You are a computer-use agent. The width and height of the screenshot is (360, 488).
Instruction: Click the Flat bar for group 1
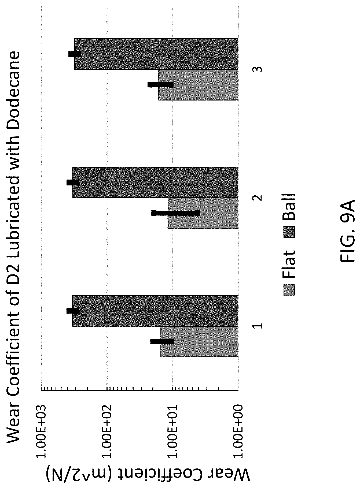click(x=199, y=342)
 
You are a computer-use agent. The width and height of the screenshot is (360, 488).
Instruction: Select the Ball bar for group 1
click(x=155, y=311)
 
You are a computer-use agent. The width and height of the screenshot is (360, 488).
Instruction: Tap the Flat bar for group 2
click(x=203, y=213)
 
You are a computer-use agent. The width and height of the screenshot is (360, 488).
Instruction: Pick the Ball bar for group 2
click(x=155, y=182)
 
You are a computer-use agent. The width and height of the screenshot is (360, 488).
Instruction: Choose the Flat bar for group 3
click(x=199, y=85)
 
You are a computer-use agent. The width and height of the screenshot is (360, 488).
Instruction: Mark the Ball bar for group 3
click(x=156, y=54)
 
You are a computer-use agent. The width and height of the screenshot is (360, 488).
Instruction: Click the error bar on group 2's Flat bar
click(x=176, y=213)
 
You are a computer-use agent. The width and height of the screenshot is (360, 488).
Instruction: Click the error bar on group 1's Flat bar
click(x=163, y=341)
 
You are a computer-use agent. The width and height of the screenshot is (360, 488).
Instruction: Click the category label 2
click(x=257, y=198)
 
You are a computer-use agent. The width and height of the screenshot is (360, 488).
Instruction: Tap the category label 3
click(x=257, y=69)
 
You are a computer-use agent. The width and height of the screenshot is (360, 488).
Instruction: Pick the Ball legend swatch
click(x=290, y=232)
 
